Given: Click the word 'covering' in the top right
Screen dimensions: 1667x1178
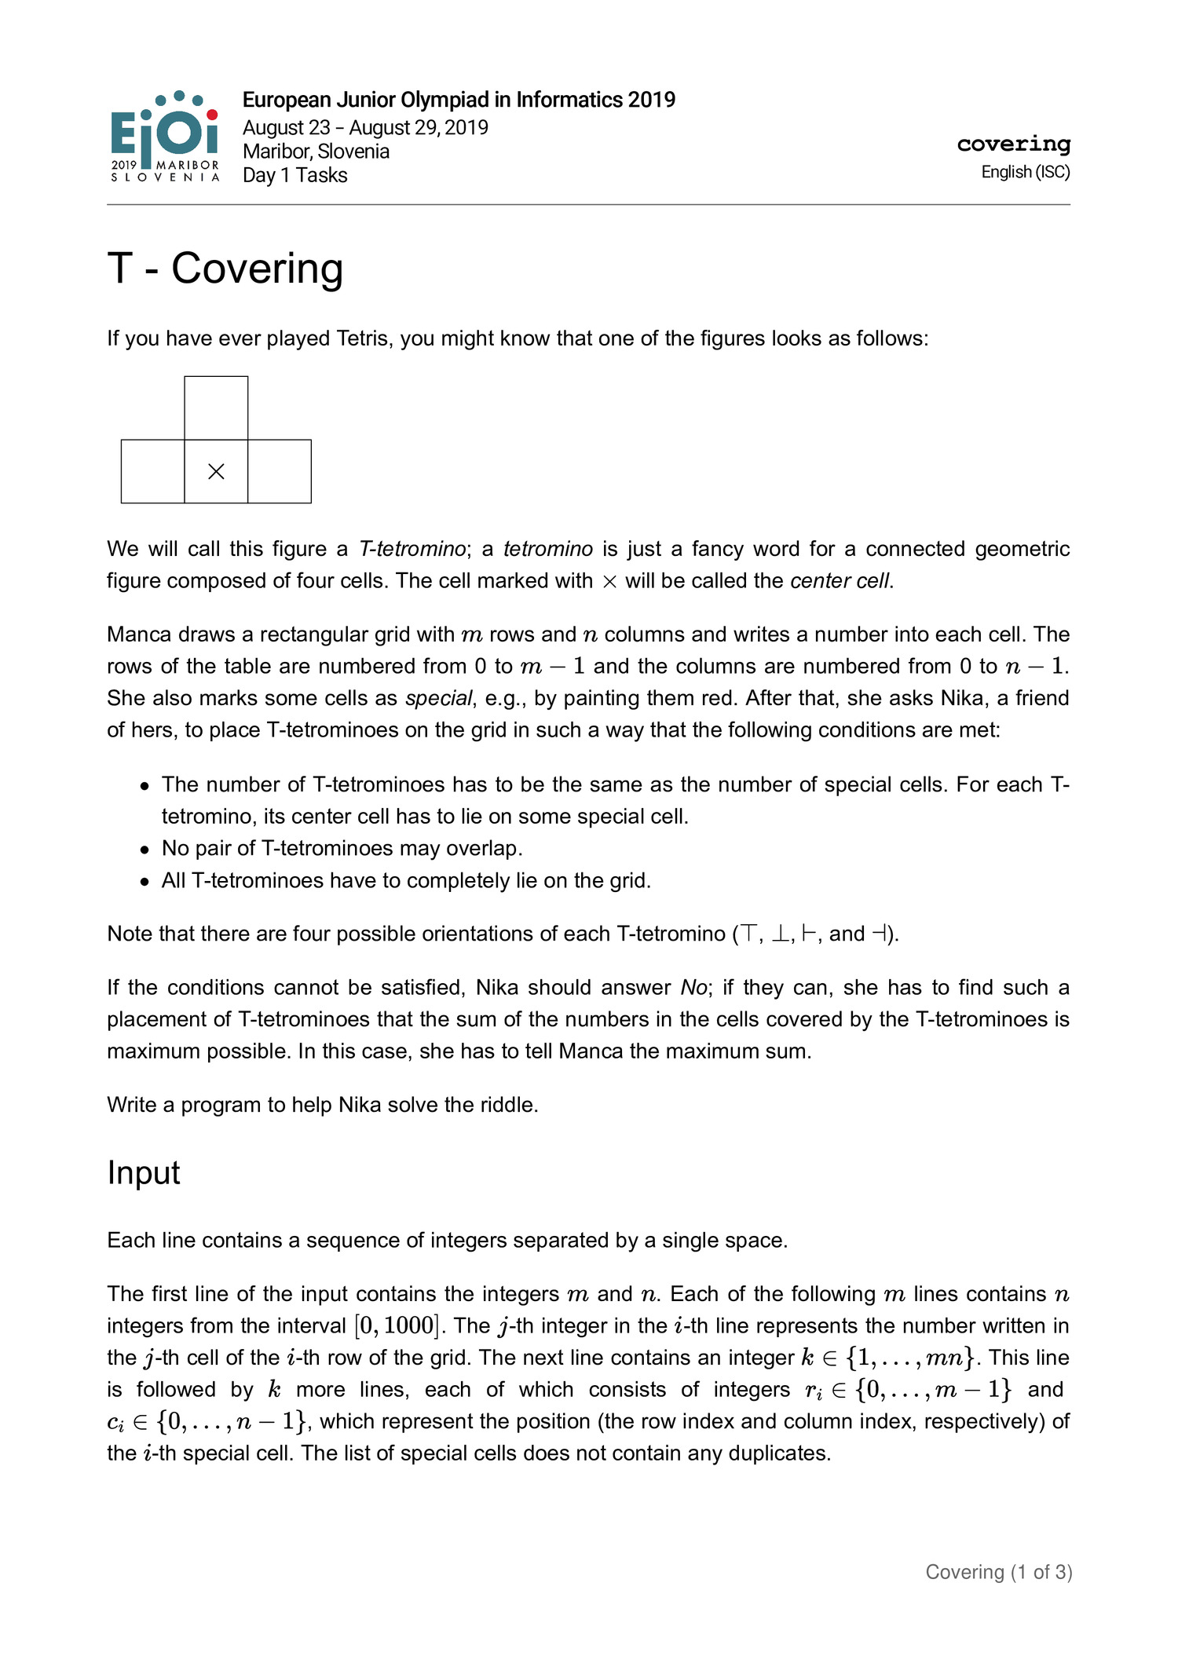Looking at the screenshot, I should pyautogui.click(x=1013, y=144).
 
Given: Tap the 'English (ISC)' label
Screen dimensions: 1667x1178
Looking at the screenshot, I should pyautogui.click(x=1025, y=172).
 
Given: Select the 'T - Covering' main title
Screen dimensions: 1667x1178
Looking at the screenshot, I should pyautogui.click(x=225, y=269).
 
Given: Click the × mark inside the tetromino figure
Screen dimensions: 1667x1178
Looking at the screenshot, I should pyautogui.click(x=216, y=471).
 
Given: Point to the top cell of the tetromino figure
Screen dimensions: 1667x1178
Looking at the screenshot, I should pyautogui.click(x=216, y=408).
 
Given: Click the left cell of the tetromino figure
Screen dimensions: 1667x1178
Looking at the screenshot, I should pyautogui.click(x=153, y=471).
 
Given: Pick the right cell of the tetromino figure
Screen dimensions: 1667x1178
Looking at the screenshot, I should pyautogui.click(x=280, y=471).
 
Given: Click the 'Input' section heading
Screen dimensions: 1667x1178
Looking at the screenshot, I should pyautogui.click(x=144, y=1172).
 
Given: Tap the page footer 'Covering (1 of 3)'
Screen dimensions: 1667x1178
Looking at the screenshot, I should pyautogui.click(x=998, y=1572).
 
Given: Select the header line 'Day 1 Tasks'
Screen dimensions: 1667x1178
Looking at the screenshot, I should pyautogui.click(x=294, y=175).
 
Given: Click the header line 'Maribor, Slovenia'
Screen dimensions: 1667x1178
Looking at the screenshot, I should pyautogui.click(x=316, y=151).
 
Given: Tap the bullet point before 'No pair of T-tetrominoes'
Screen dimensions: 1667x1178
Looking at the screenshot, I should pyautogui.click(x=145, y=850).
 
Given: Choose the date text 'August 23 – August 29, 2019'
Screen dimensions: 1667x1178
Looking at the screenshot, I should pyautogui.click(x=365, y=127).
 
